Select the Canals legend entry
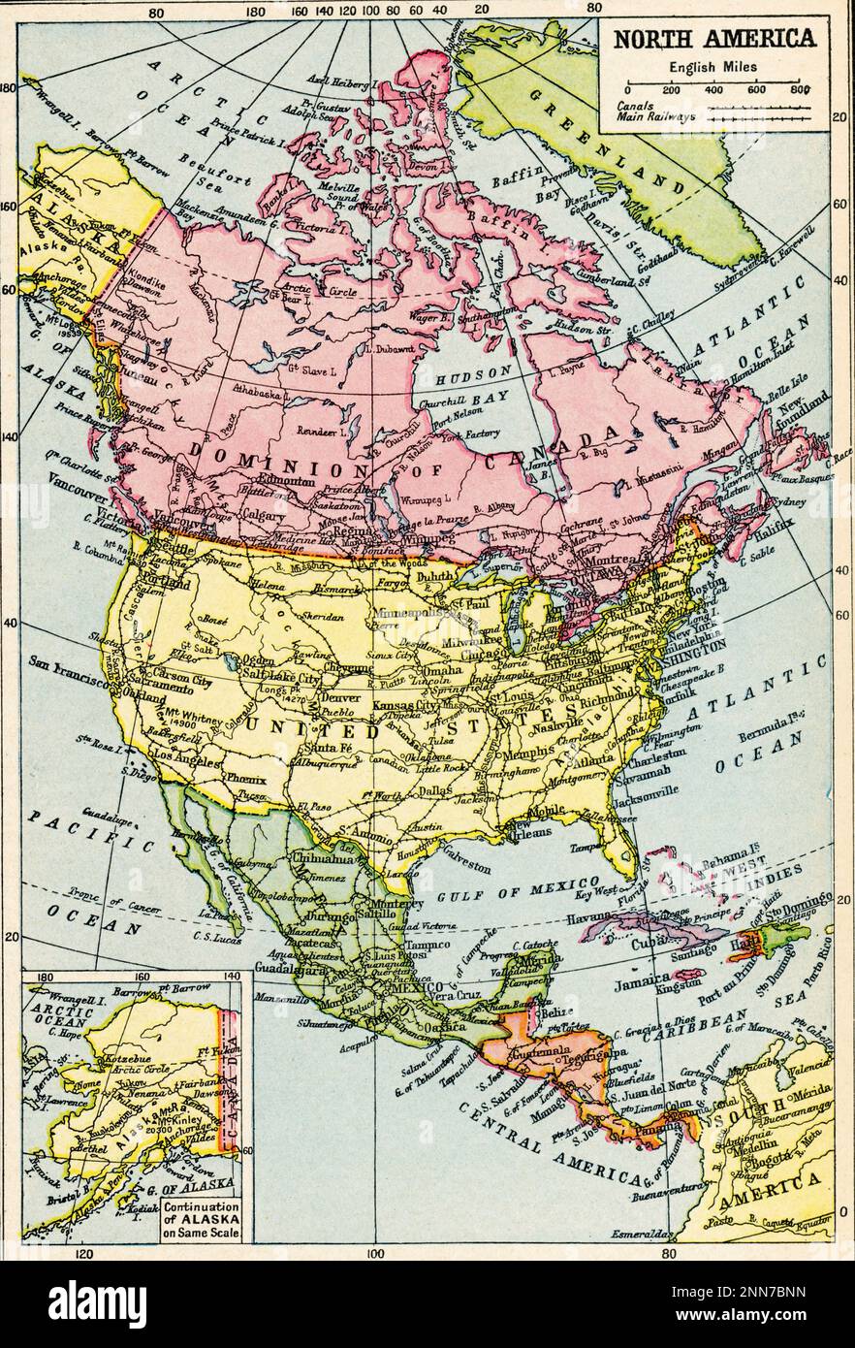pyautogui.click(x=636, y=106)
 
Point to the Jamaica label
pyautogui.click(x=643, y=979)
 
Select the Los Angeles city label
pyautogui.click(x=186, y=756)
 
